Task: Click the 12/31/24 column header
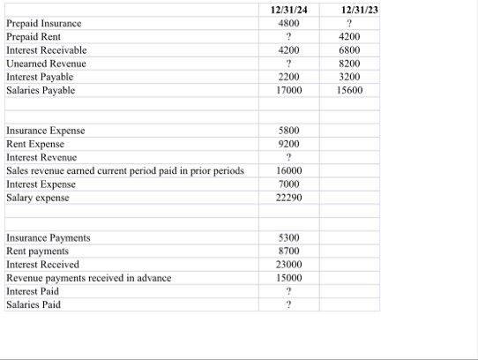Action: click(288, 10)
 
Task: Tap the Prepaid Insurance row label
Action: click(43, 24)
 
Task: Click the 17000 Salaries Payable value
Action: click(288, 90)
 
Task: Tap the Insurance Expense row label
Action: click(46, 131)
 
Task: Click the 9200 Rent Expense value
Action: click(288, 144)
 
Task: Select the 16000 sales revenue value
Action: click(288, 170)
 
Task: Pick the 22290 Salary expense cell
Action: click(288, 197)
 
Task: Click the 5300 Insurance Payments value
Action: click(288, 237)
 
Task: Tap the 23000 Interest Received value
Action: click(288, 264)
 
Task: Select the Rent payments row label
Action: click(37, 251)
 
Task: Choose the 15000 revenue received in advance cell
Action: click(288, 277)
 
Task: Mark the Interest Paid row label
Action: click(33, 290)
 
